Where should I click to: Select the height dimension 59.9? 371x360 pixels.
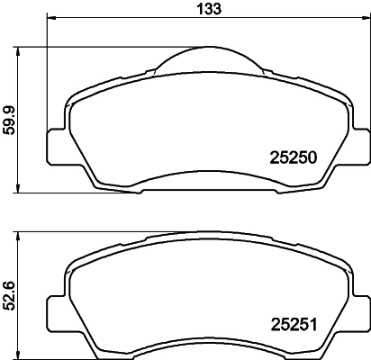point(10,121)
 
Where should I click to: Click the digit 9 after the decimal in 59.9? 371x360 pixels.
point(10,110)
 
